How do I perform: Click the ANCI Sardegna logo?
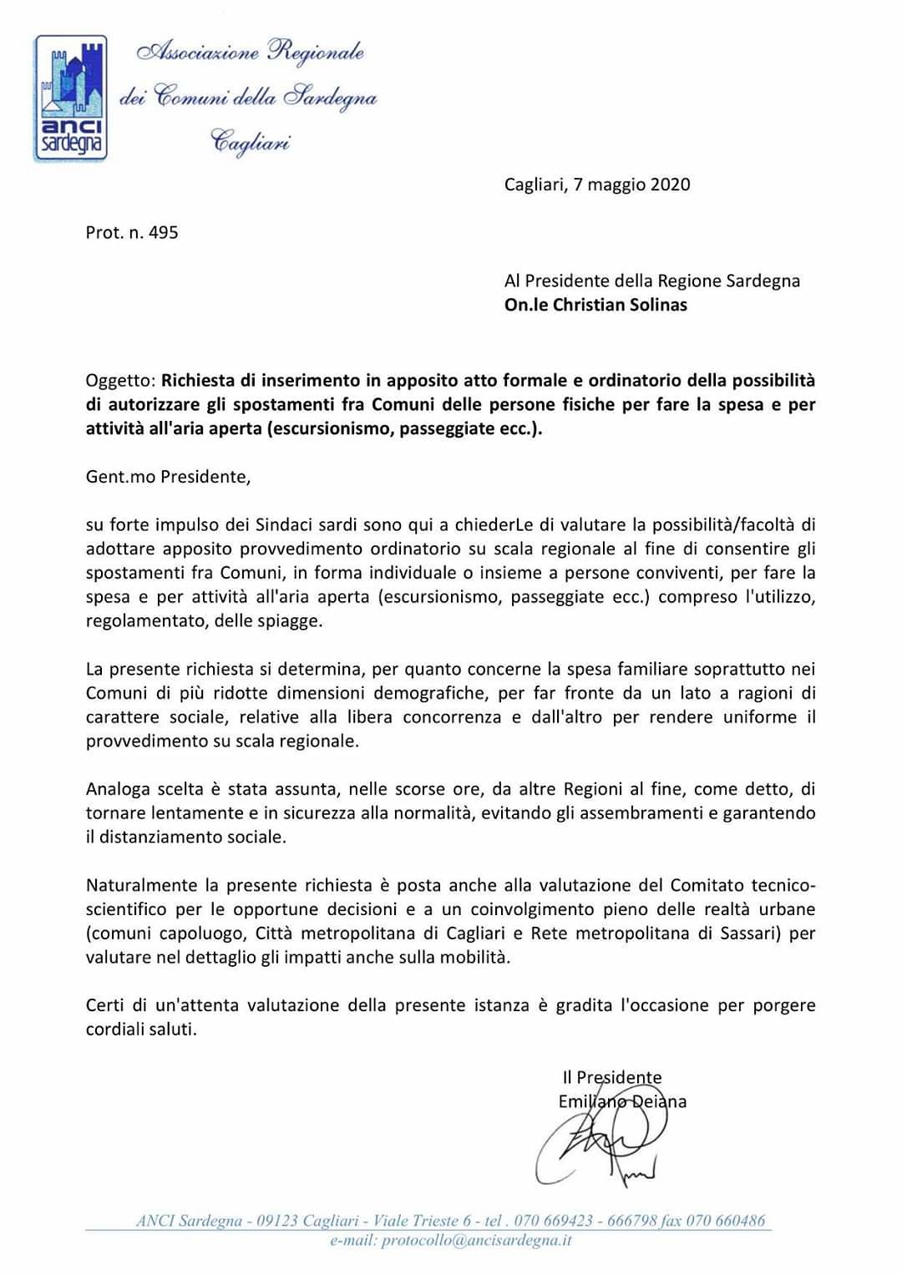[x=70, y=98]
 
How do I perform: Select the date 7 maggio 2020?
[x=631, y=185]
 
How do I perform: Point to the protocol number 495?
[x=163, y=232]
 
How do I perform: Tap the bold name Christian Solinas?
[x=622, y=305]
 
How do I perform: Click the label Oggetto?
[x=120, y=381]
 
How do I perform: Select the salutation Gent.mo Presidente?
[x=167, y=477]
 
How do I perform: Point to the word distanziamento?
[x=156, y=837]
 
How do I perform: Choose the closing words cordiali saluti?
[x=141, y=1030]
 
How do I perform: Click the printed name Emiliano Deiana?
[x=622, y=1101]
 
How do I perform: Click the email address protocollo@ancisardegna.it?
[x=476, y=1241]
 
